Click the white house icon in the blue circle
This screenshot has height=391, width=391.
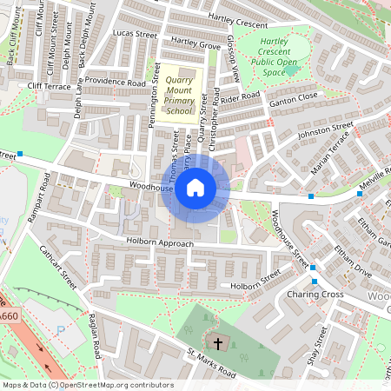(x=195, y=187)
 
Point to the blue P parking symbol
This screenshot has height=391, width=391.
(x=60, y=330)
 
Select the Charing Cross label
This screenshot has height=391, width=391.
(x=314, y=295)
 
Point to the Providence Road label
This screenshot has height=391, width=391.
(x=116, y=83)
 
